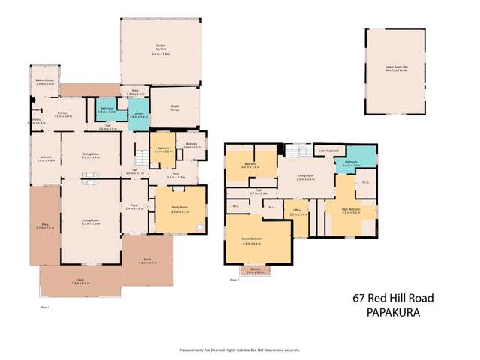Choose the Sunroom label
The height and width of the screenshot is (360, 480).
(46, 158)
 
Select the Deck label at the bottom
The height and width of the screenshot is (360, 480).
(79, 281)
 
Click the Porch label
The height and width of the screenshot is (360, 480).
(147, 261)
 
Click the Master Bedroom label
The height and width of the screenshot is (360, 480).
(257, 241)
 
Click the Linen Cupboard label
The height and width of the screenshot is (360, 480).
(325, 150)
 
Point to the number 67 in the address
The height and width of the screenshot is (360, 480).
(361, 298)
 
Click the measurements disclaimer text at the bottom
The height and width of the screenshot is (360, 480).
(239, 350)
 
